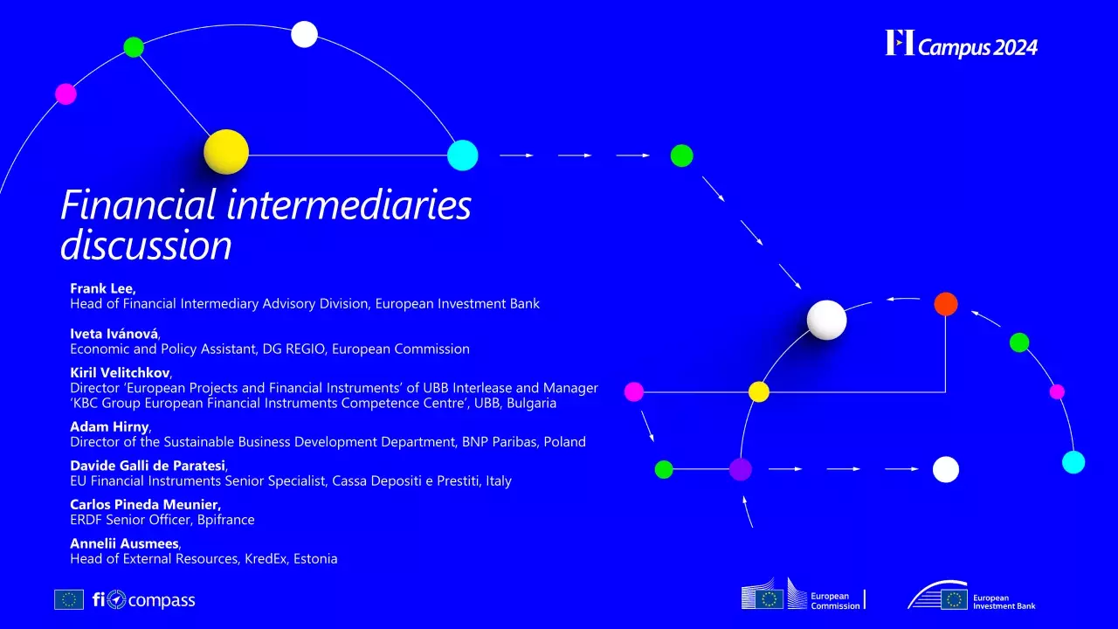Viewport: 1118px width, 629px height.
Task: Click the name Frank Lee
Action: pyautogui.click(x=101, y=288)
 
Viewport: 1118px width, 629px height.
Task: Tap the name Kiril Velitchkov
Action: pyautogui.click(x=121, y=372)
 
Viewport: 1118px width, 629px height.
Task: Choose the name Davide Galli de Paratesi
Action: pyautogui.click(x=148, y=465)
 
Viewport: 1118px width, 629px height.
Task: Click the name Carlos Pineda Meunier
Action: pyautogui.click(x=144, y=504)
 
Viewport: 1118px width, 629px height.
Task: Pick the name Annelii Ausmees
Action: pyautogui.click(x=124, y=543)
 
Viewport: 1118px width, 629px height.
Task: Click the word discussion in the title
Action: pyautogui.click(x=146, y=245)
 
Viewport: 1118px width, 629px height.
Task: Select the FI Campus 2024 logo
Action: pyautogui.click(x=961, y=44)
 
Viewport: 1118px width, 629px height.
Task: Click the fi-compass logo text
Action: pyautogui.click(x=144, y=600)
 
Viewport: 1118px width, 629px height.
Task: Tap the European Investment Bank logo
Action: pyautogui.click(x=971, y=596)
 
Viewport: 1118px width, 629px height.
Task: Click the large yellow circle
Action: pyautogui.click(x=226, y=152)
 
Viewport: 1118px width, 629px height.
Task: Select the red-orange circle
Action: pyautogui.click(x=946, y=304)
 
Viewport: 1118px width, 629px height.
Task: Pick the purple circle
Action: pyautogui.click(x=741, y=469)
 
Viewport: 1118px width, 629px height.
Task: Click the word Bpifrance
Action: pyautogui.click(x=226, y=520)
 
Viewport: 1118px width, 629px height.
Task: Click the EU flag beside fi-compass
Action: pyautogui.click(x=69, y=599)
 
